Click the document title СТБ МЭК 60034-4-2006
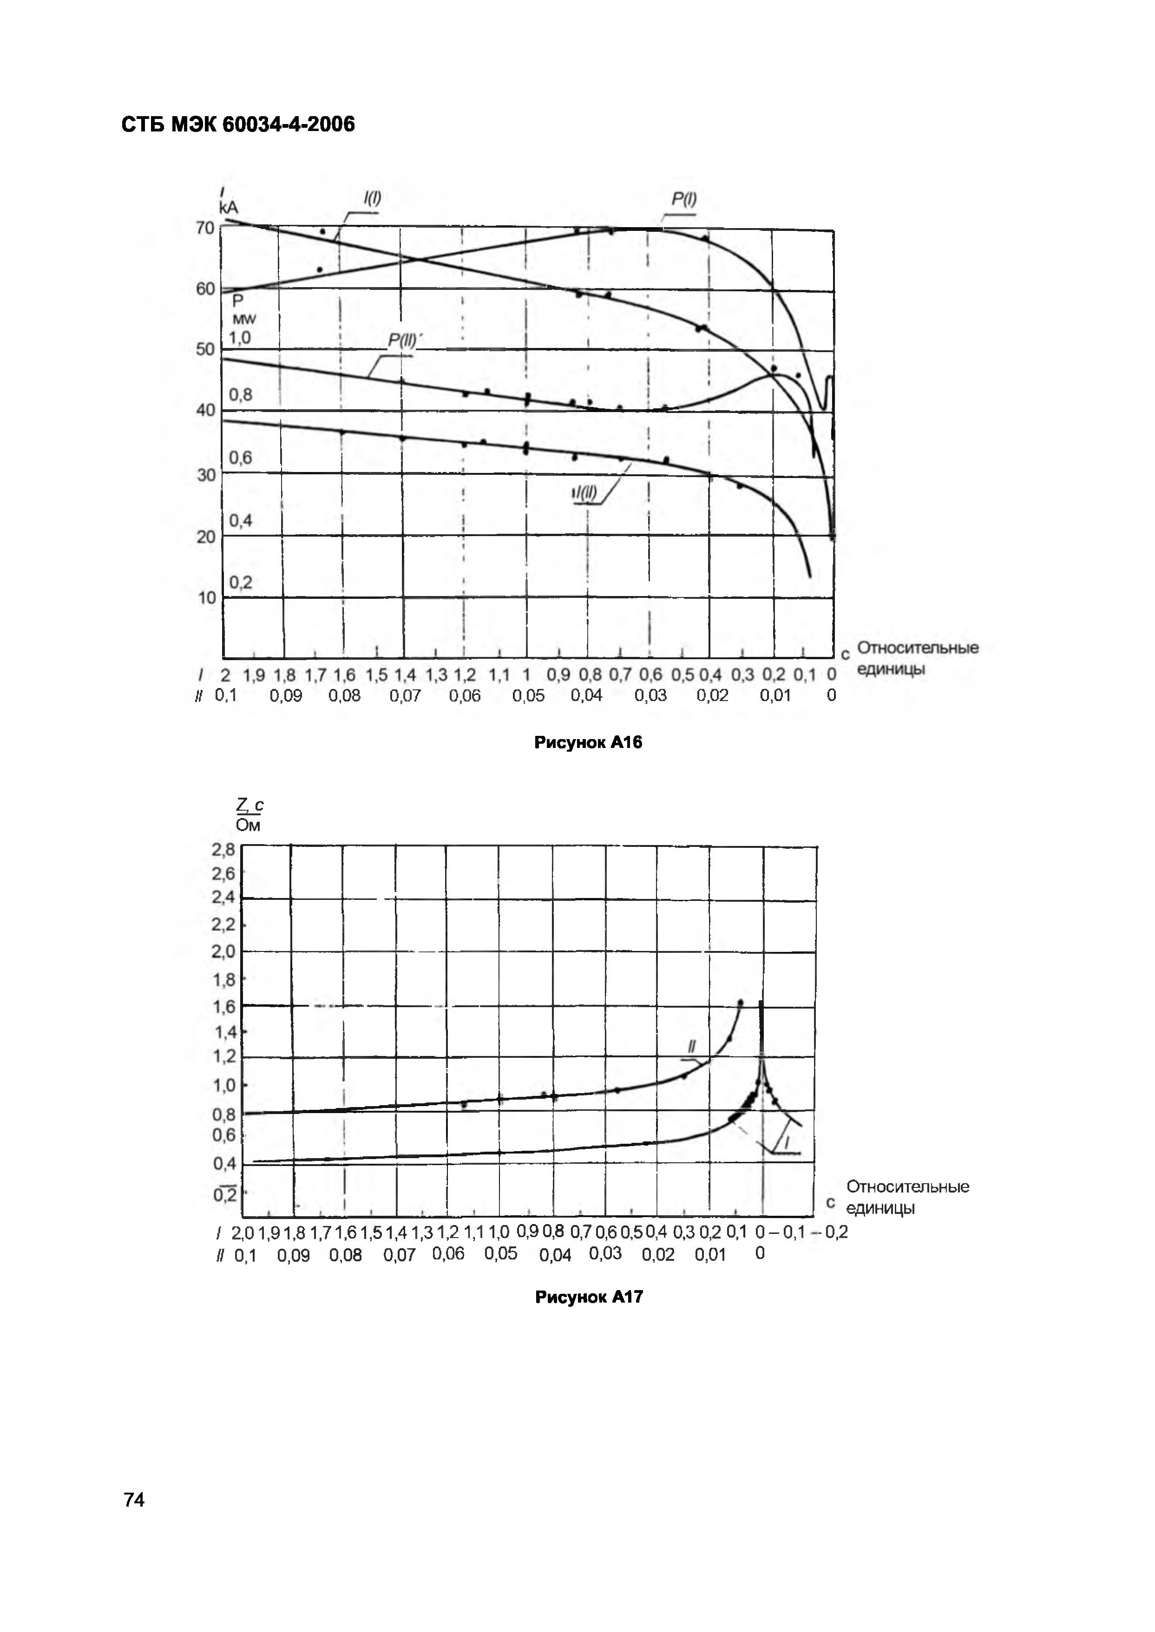tap(238, 125)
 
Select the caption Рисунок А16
tap(588, 742)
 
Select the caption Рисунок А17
tap(589, 1297)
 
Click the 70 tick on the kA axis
tap(205, 228)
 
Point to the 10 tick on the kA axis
tap(206, 597)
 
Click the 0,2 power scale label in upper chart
tap(240, 583)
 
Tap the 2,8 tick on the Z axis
tap(223, 849)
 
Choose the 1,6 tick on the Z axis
tap(224, 1006)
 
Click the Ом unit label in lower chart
tap(248, 826)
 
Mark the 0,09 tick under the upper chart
tap(286, 695)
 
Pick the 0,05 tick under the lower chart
tap(501, 1253)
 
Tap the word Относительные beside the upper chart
tap(918, 648)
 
